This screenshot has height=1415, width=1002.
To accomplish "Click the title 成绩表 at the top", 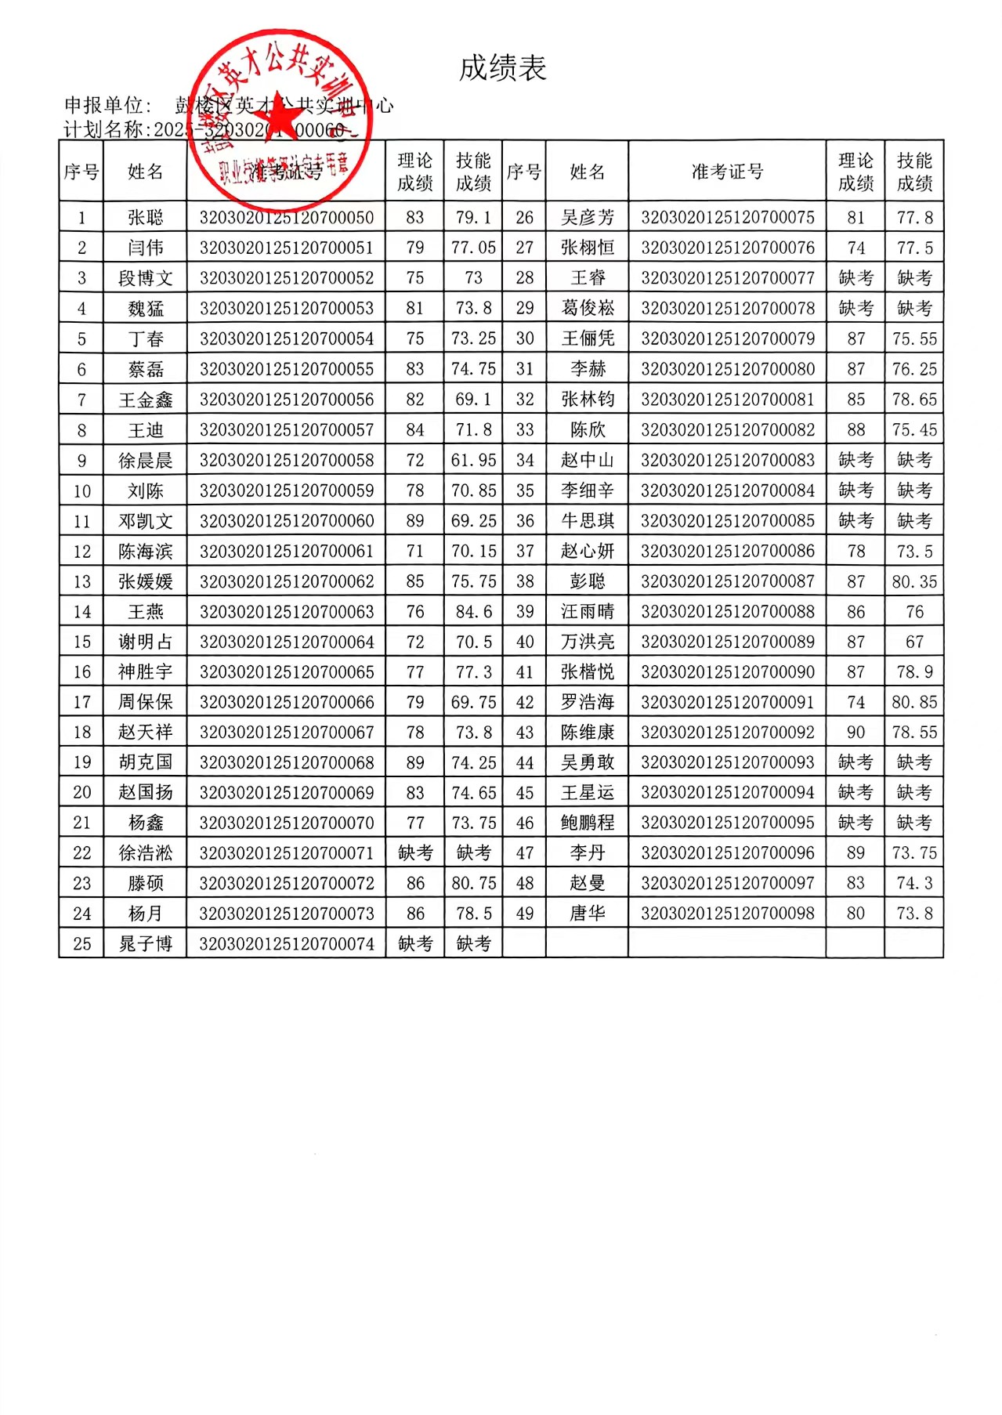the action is point(502,69).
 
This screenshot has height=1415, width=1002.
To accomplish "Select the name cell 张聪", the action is point(146,217).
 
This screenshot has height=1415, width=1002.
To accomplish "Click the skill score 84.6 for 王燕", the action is point(473,611).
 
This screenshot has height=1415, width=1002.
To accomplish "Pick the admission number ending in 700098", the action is point(727,914).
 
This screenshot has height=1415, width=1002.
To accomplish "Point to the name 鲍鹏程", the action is point(588,823).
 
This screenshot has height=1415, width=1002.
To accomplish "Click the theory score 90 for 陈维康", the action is point(855,733).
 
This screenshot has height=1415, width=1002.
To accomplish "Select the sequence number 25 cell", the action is point(81,944).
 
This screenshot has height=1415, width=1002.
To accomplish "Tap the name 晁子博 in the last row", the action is point(146,944).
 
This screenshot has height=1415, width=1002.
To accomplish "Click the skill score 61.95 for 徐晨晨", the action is point(473,461).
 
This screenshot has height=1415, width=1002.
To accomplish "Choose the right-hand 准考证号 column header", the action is point(727,172).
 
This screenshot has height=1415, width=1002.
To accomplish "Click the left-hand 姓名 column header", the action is point(146,172).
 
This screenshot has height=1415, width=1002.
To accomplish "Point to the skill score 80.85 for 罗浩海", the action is point(914,702).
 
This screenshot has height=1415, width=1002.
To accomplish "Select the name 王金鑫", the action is point(146,400).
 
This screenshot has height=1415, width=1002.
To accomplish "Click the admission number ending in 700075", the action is point(727,217).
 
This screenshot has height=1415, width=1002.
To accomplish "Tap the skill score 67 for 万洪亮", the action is point(914,642).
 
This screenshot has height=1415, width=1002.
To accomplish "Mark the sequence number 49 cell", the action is point(524,914).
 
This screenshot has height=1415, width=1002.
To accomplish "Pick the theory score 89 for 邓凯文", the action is point(415,521).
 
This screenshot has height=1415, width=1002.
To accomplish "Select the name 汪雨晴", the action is point(588,611).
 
